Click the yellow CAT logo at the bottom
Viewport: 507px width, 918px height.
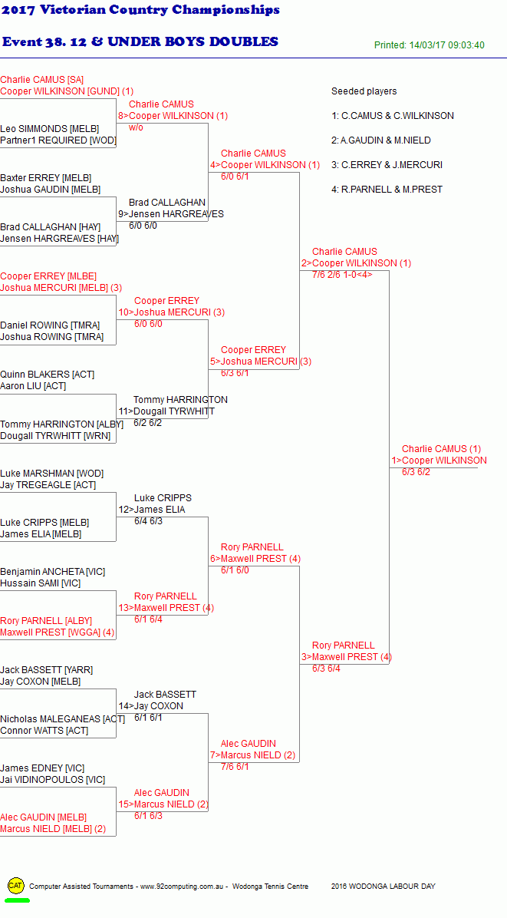coord(16,885)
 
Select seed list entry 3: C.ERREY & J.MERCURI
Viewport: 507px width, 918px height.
coord(387,165)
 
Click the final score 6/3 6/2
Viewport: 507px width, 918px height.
coord(416,472)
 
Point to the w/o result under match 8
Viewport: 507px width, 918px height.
coord(137,127)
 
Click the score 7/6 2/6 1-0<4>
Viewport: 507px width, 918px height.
coord(342,274)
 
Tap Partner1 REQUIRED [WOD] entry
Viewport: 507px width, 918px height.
coord(58,140)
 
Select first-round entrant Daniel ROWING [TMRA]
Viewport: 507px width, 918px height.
coord(50,325)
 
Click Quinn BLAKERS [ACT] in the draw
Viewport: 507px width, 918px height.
coord(48,374)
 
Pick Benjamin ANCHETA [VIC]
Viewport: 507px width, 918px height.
coord(53,571)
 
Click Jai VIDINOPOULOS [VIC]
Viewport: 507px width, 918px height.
coord(53,780)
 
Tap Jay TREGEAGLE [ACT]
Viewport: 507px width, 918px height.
coord(48,485)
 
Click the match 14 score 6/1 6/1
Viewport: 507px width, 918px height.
coord(149,717)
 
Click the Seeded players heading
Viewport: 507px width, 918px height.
coord(364,91)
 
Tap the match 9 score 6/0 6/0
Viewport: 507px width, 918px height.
coord(143,226)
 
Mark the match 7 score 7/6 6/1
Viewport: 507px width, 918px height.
coord(235,766)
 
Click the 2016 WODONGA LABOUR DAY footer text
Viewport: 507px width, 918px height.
coord(383,887)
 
